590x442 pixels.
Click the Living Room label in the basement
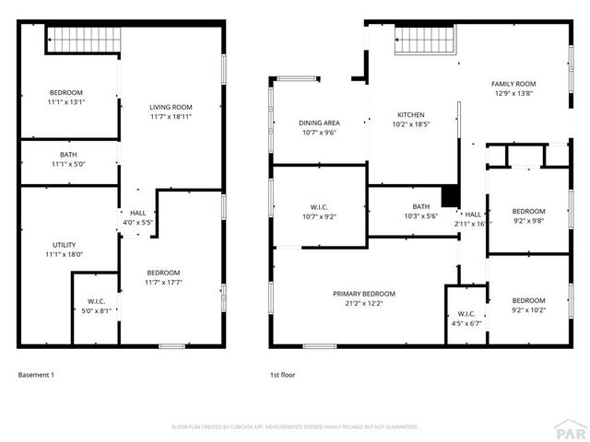(x=171, y=107)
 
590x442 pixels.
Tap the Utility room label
(x=65, y=244)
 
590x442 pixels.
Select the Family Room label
(x=513, y=83)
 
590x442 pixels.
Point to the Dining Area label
(x=319, y=122)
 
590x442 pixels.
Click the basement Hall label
(x=137, y=213)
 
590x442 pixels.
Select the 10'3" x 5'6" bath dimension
(x=421, y=216)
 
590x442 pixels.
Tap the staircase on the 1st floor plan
(x=426, y=41)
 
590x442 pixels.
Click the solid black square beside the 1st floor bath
(x=450, y=197)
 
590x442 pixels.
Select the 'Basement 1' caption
(x=37, y=375)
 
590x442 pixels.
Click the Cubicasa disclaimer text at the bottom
(x=295, y=426)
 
